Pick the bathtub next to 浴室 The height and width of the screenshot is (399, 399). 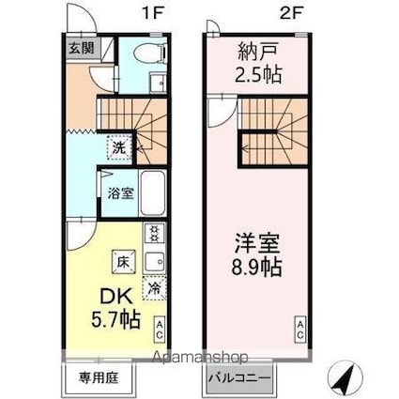[151, 194]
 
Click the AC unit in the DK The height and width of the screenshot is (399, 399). [161, 330]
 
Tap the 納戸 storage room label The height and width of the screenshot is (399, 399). [253, 51]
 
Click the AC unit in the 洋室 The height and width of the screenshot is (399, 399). [300, 330]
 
